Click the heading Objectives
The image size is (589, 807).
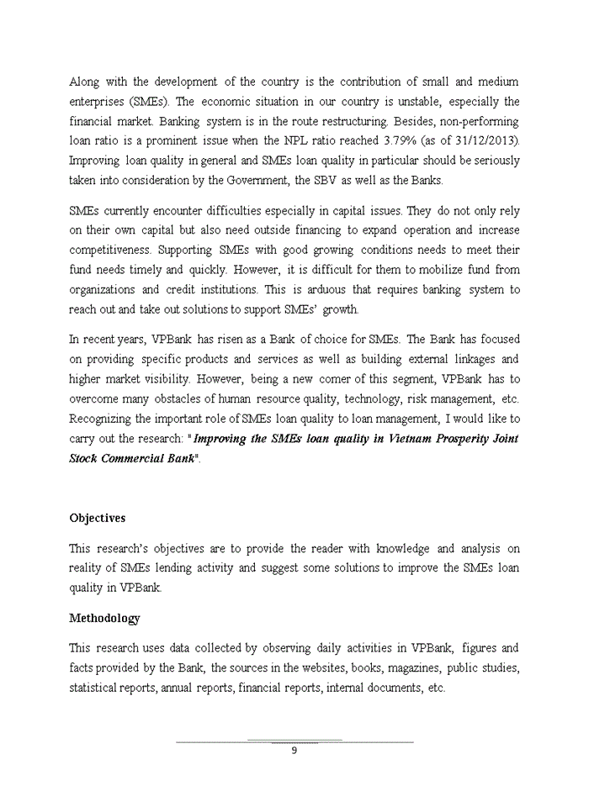(x=97, y=518)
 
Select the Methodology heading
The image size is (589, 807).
(x=104, y=618)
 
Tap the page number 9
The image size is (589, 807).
(x=294, y=751)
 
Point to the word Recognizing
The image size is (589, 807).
(x=109, y=419)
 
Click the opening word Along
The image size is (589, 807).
(x=84, y=82)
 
